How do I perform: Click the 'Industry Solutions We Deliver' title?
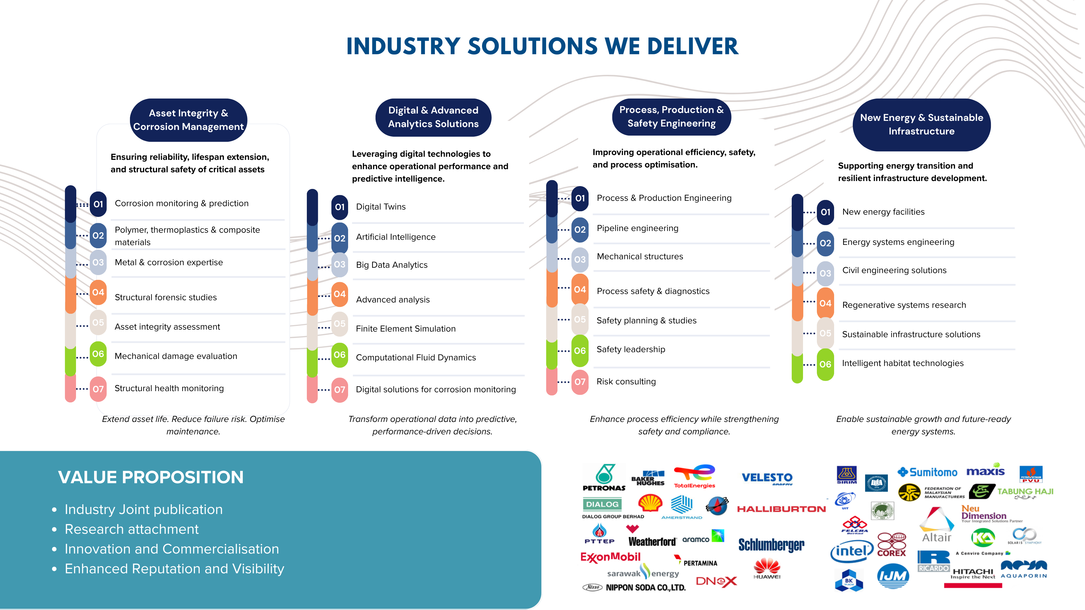(542, 46)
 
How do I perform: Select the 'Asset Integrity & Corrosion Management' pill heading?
(188, 120)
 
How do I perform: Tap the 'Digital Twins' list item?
(381, 207)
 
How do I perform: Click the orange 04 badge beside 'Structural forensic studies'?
(98, 292)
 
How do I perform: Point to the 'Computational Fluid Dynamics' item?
(416, 358)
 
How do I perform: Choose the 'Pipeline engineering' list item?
(637, 228)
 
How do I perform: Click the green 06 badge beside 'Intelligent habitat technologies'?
(825, 364)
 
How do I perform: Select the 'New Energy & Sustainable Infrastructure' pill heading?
(922, 125)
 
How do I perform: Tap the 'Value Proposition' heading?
(151, 477)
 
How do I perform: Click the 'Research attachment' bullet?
(131, 529)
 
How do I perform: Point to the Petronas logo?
(604, 477)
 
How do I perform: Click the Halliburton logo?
(781, 509)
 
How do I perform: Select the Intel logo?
(852, 551)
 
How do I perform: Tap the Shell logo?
(650, 503)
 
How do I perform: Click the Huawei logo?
(767, 568)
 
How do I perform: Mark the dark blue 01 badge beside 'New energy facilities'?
(825, 212)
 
